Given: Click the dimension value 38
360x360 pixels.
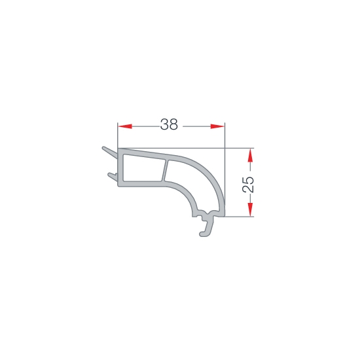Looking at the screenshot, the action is pos(169,124).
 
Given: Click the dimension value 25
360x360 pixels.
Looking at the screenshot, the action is pos(248,185).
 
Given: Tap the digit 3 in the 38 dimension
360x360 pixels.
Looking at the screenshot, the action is pos(164,124).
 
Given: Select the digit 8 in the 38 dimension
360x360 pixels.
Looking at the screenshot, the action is pos(173,124).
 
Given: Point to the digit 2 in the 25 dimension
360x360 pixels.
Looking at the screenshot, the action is pos(248,189).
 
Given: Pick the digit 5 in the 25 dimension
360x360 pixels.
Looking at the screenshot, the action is pos(248,180).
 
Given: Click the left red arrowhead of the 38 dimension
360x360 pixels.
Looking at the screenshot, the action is pos(124,126).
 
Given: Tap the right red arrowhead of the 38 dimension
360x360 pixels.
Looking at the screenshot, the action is pos(217,126).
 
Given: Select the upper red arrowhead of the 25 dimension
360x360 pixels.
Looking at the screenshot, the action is pos(250,155).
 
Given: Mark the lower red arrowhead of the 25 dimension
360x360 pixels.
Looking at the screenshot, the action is pos(250,209).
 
